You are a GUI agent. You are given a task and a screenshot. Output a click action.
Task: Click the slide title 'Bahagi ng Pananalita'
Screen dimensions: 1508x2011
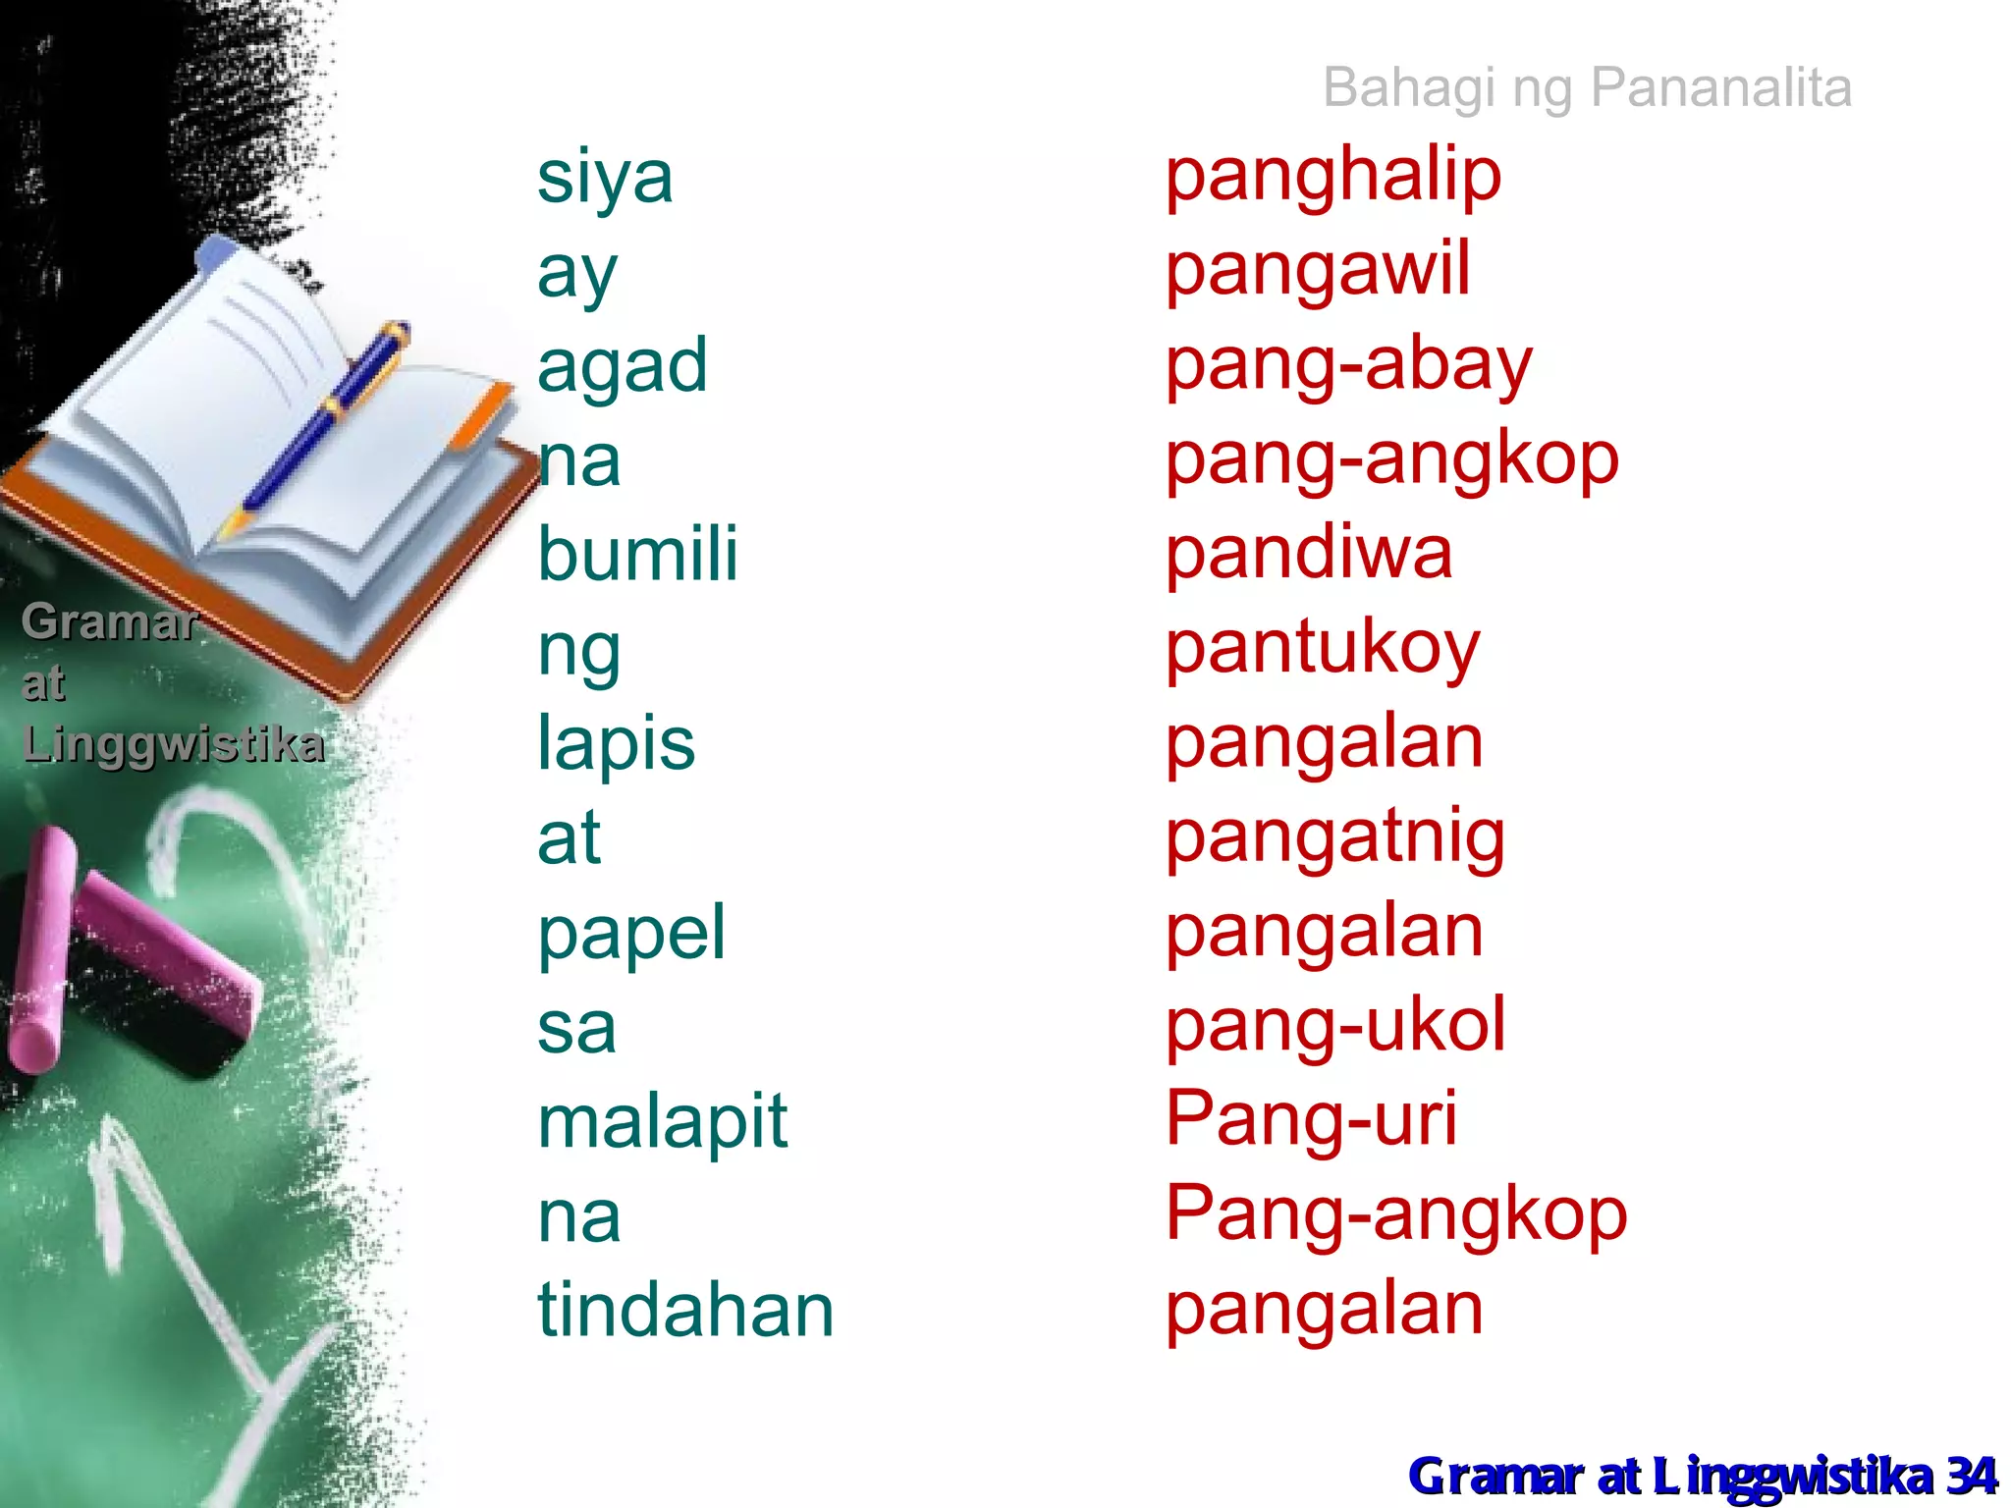[x=1587, y=87]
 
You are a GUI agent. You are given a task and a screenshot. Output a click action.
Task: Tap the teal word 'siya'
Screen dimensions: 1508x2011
[x=605, y=179]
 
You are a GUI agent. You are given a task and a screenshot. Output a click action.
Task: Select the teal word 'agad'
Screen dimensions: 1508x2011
[x=622, y=366]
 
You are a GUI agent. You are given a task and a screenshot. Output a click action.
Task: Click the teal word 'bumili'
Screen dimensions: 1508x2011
[x=637, y=554]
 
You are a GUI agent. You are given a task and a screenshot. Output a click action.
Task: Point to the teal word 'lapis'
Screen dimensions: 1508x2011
[x=616, y=743]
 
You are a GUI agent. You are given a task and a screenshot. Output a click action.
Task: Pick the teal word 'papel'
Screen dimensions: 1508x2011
[x=631, y=933]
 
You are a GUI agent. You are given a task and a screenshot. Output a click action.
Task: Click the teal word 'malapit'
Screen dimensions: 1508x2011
[x=662, y=1121]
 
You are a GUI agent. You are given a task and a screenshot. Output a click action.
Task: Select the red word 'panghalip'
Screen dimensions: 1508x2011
[x=1332, y=177]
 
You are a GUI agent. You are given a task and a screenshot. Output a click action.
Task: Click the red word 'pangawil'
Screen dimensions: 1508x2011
[x=1318, y=270]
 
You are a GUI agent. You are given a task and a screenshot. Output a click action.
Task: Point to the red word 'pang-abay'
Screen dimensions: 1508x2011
[x=1348, y=365]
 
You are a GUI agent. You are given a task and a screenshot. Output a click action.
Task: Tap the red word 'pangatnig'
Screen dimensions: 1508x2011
[x=1334, y=838]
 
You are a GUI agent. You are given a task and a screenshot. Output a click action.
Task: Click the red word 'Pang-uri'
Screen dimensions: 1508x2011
[x=1311, y=1119]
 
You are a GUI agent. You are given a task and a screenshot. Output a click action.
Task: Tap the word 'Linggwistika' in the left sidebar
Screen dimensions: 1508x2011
[x=173, y=744]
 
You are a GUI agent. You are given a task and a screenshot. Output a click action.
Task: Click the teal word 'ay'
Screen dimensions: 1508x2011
[x=577, y=274]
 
